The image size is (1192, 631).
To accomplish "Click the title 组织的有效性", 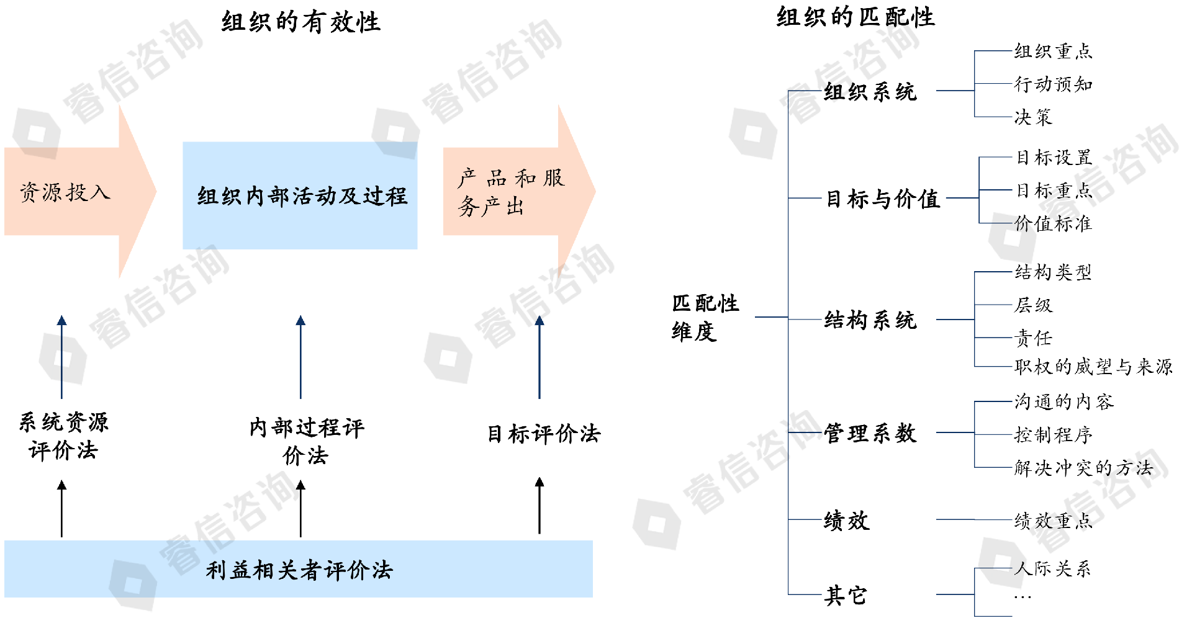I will (300, 22).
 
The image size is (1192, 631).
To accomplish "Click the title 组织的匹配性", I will (855, 17).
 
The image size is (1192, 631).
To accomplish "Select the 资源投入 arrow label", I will (65, 192).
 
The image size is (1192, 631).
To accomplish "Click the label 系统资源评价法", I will (63, 436).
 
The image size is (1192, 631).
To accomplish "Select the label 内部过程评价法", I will (306, 441).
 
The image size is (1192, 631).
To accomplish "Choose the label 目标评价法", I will (543, 434).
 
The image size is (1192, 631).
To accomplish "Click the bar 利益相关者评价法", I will (299, 570).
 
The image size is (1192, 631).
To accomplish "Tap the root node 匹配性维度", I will (705, 318).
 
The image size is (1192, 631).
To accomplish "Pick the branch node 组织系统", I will (870, 92).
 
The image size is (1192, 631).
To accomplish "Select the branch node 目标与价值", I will (882, 199).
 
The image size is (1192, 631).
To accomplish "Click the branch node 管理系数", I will (870, 433).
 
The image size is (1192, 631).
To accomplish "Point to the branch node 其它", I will (845, 596).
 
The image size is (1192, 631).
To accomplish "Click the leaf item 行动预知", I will (1053, 84).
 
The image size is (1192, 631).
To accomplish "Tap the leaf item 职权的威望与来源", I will (1093, 367).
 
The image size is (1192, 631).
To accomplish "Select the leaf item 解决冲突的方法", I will (1083, 468).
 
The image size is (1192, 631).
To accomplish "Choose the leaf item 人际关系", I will (1053, 568).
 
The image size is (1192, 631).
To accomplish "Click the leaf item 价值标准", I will (1053, 223).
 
